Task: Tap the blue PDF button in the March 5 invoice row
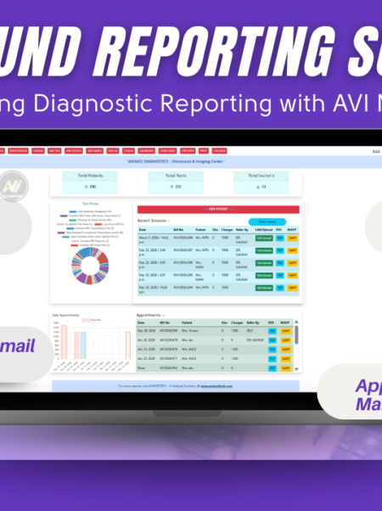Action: pyautogui.click(x=280, y=239)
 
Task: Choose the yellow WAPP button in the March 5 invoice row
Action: pyautogui.click(x=293, y=239)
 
